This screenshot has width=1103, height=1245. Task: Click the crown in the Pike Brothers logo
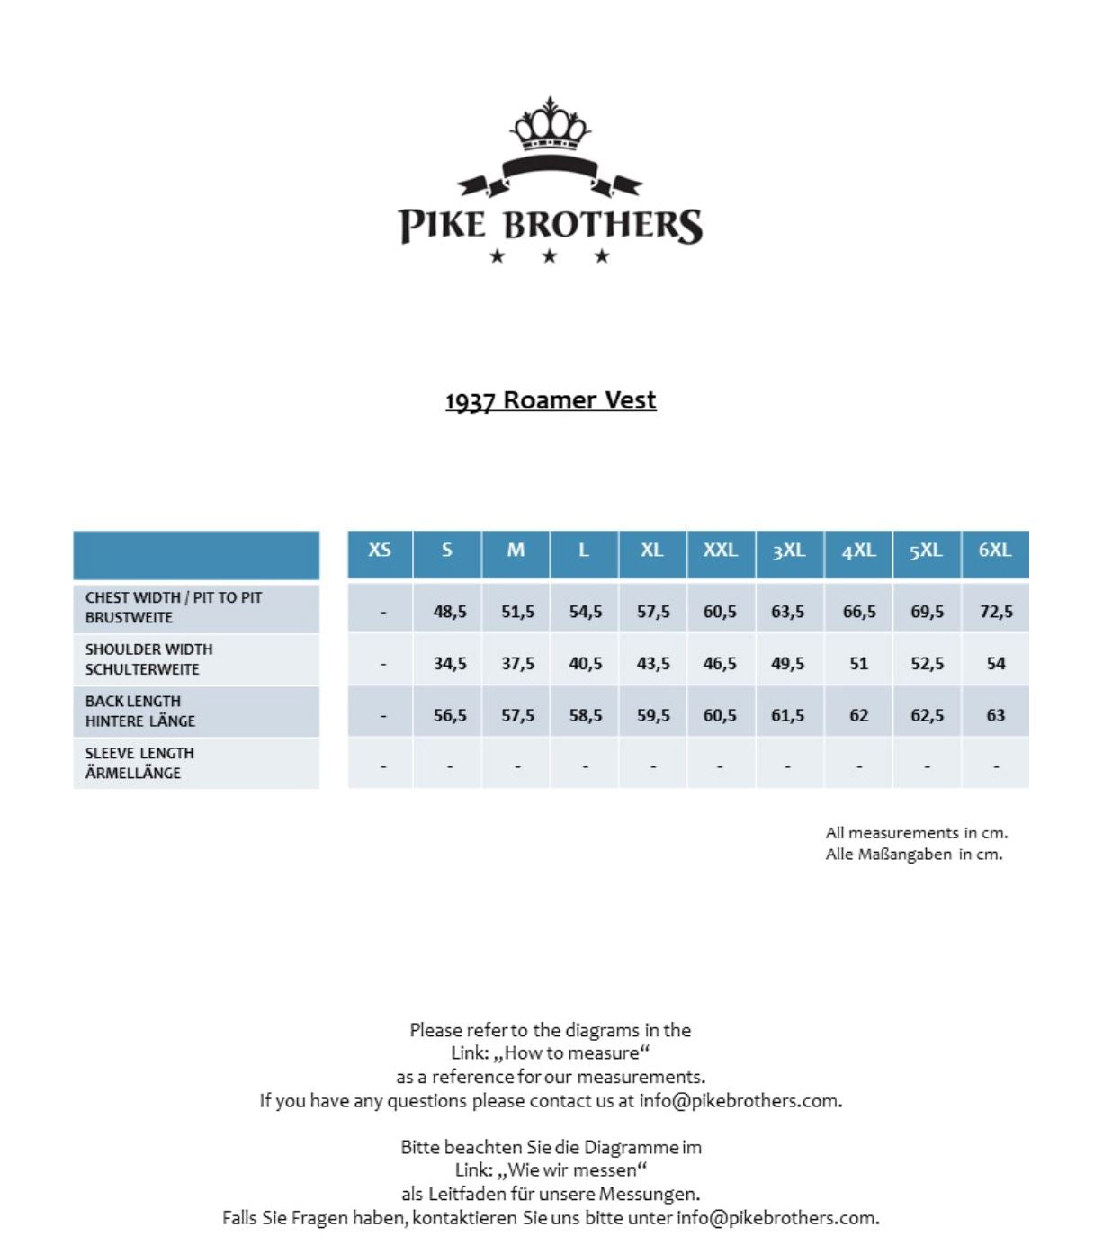point(551,126)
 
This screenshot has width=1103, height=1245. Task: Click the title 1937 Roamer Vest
point(551,400)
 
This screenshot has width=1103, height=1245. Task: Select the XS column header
point(380,551)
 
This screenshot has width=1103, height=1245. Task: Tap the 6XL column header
point(995,551)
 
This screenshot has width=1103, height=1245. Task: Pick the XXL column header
point(720,551)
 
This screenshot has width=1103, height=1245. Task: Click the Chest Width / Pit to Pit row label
point(174,607)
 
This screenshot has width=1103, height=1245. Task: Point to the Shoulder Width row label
point(149,659)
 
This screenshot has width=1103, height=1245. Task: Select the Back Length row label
point(140,711)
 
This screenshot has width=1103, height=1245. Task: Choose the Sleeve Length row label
point(139,763)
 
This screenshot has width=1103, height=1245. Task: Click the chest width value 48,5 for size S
point(450,612)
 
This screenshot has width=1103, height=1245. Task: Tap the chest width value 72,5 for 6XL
point(996,612)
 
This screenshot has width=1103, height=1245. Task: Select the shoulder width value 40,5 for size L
point(586,664)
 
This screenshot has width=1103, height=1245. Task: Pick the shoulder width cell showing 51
point(859,664)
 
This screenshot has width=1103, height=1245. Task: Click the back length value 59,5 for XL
point(653,716)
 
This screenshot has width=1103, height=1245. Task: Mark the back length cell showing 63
point(996,716)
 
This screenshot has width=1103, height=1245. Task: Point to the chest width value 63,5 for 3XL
point(787,612)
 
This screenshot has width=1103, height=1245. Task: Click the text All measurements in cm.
point(917,833)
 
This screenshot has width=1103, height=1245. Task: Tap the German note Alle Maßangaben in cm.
point(914,855)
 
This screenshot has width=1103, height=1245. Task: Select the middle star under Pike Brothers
point(550,256)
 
